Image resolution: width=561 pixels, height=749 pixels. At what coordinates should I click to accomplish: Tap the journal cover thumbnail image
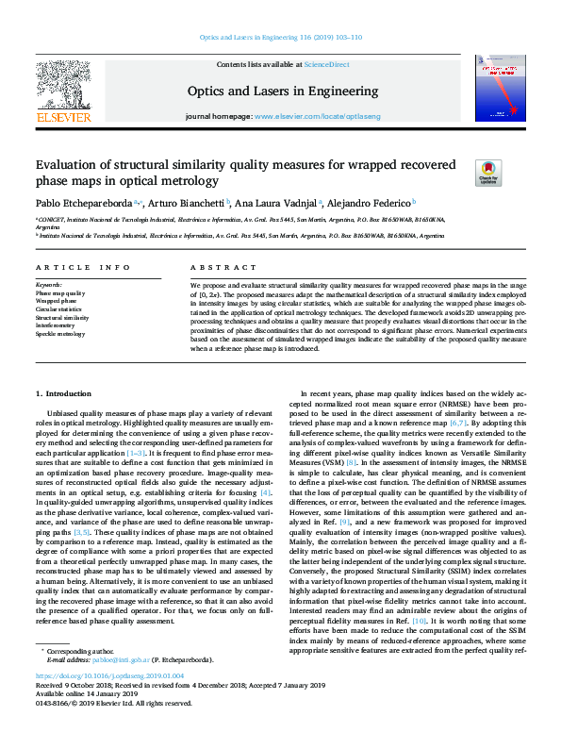[x=500, y=88]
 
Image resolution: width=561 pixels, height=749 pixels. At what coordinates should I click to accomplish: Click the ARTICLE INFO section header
[x=83, y=269]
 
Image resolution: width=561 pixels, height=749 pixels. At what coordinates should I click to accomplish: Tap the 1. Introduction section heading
[x=63, y=392]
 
